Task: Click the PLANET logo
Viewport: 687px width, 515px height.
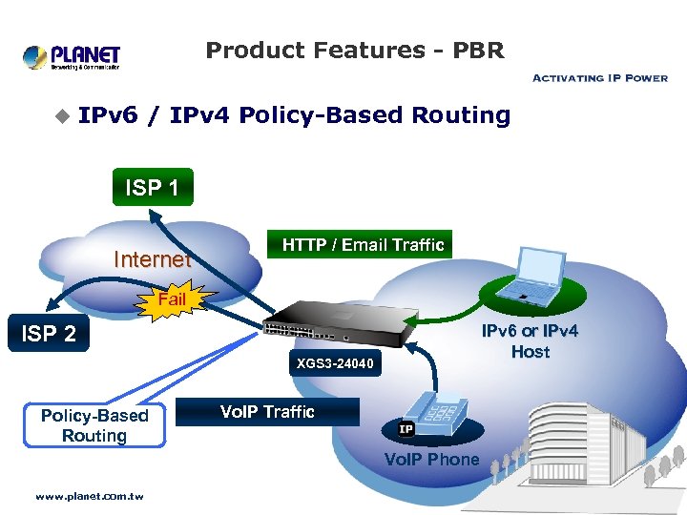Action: [x=72, y=56]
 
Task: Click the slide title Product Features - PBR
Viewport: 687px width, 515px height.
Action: [x=355, y=51]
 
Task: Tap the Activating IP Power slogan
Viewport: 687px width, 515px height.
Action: [x=599, y=78]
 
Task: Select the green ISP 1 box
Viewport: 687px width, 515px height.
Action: [x=153, y=187]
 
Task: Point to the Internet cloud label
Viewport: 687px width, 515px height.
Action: [x=152, y=259]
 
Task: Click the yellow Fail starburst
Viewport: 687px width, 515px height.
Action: [x=173, y=299]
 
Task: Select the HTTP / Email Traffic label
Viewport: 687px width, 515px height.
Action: [x=363, y=245]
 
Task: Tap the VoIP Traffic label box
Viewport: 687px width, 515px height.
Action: [x=267, y=412]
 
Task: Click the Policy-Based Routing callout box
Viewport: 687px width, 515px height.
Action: [x=94, y=425]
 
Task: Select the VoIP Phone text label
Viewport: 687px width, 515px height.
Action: [x=431, y=460]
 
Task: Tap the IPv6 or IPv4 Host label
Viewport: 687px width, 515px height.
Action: [x=530, y=341]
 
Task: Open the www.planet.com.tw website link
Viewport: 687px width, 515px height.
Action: [x=89, y=496]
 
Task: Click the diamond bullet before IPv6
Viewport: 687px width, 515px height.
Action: [x=62, y=116]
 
